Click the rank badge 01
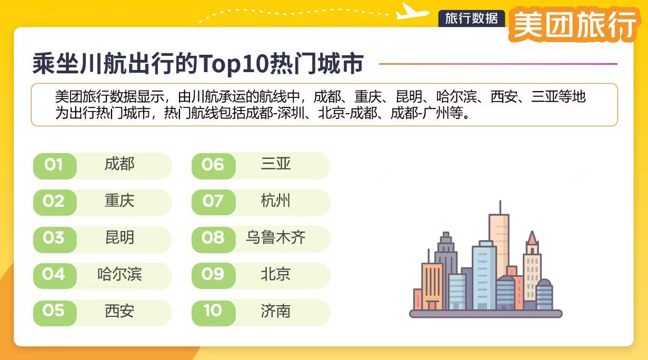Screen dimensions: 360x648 click(54, 165)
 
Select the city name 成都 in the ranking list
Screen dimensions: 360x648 click(119, 164)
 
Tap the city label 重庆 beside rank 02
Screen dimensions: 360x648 click(119, 201)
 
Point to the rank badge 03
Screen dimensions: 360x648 click(54, 238)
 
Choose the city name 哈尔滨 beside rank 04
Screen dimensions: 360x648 click(119, 274)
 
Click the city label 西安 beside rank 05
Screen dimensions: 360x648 click(119, 311)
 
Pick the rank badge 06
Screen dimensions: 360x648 click(213, 165)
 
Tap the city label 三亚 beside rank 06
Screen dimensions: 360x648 click(275, 164)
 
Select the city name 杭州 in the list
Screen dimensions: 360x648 click(275, 201)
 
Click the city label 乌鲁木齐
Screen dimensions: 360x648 click(275, 238)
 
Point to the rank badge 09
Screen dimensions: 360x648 click(213, 275)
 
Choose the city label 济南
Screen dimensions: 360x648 click(275, 311)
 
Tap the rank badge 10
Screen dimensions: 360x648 click(213, 311)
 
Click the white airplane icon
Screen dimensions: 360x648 click(412, 11)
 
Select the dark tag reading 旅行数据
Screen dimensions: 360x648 click(471, 18)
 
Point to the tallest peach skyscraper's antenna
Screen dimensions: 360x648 click(500, 207)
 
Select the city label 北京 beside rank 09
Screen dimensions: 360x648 click(275, 274)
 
